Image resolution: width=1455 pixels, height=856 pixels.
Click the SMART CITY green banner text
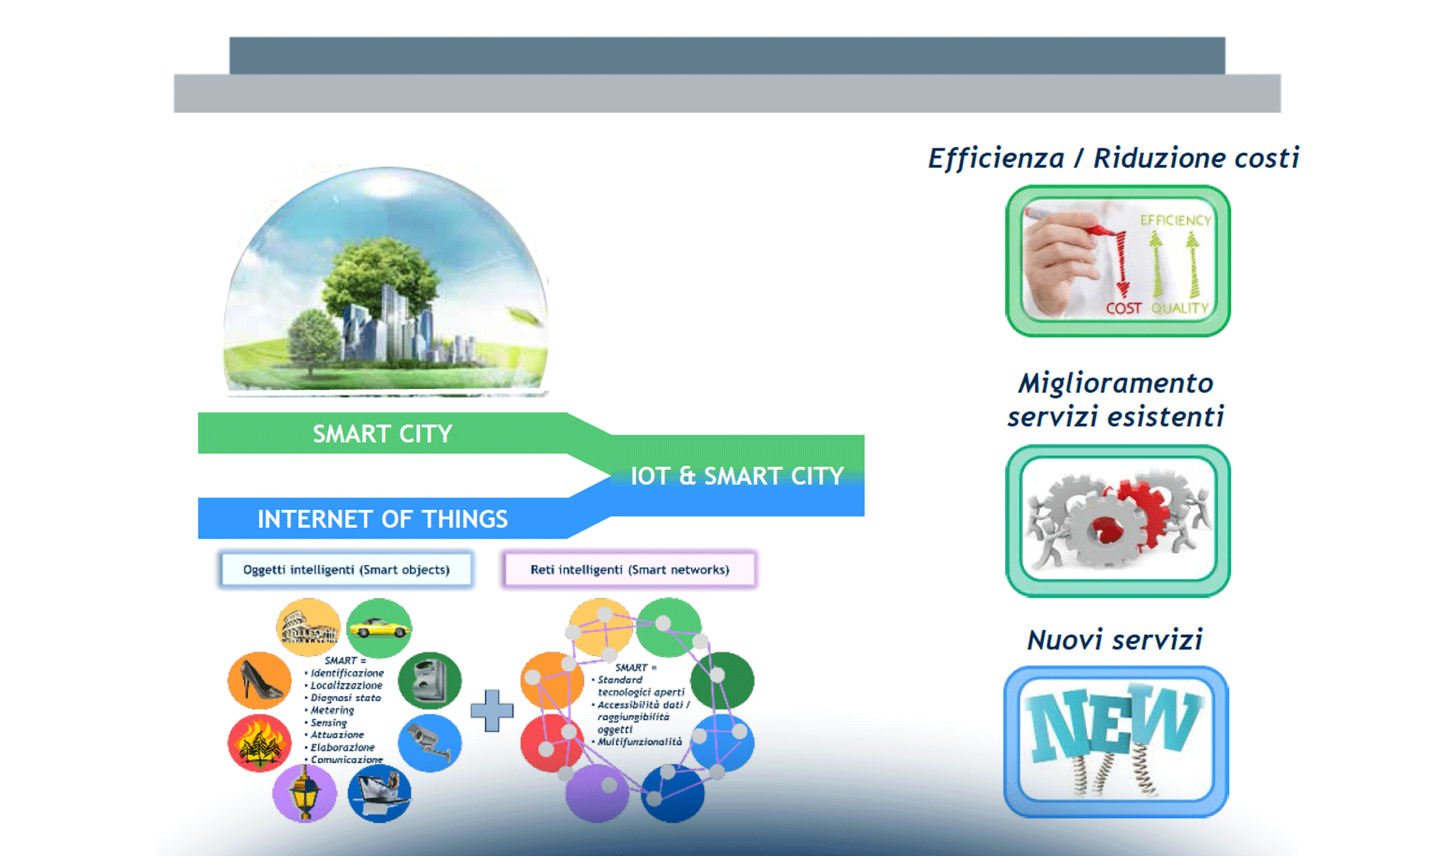tap(382, 434)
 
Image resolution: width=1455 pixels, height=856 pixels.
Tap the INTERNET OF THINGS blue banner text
tap(382, 519)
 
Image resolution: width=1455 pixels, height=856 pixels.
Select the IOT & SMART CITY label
tap(737, 476)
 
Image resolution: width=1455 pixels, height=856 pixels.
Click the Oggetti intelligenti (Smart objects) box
tap(346, 569)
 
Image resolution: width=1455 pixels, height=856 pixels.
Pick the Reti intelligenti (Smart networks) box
tap(629, 569)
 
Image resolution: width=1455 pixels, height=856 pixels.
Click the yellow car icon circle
tap(379, 628)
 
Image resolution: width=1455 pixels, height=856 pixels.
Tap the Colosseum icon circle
tap(308, 628)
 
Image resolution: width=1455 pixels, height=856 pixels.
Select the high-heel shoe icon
tap(260, 680)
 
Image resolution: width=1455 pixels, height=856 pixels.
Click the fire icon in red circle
tap(259, 743)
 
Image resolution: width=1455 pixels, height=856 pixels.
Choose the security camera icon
tap(429, 742)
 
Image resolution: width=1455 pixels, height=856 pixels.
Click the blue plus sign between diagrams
tap(491, 710)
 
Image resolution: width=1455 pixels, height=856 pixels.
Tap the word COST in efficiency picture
tap(1123, 308)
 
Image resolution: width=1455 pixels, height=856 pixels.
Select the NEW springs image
tap(1115, 742)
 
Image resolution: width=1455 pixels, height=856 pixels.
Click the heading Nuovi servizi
tap(1115, 640)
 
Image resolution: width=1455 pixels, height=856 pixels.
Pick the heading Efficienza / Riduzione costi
tap(1113, 158)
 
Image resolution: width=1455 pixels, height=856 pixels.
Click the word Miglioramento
tap(1115, 384)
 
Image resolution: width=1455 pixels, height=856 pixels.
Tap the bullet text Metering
tap(332, 710)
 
